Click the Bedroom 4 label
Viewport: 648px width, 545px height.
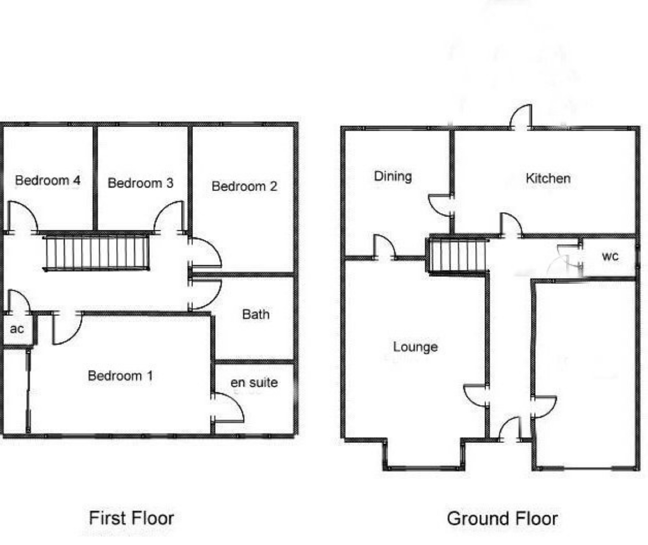click(x=48, y=180)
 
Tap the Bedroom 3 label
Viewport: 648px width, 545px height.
click(x=140, y=183)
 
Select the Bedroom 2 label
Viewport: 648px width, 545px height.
click(x=244, y=186)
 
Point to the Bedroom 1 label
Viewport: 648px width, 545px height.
click(x=120, y=376)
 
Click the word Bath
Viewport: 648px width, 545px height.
click(x=256, y=314)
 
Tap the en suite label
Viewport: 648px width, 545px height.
click(x=254, y=382)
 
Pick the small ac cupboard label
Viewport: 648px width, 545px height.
click(x=17, y=329)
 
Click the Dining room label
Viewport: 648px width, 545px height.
click(x=393, y=176)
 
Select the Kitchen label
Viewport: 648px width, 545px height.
click(x=548, y=178)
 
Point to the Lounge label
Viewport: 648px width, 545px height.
click(x=415, y=347)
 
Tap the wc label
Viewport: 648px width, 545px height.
click(x=610, y=256)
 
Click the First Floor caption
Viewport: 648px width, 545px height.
click(x=132, y=518)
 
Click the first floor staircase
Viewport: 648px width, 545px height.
click(x=96, y=253)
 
